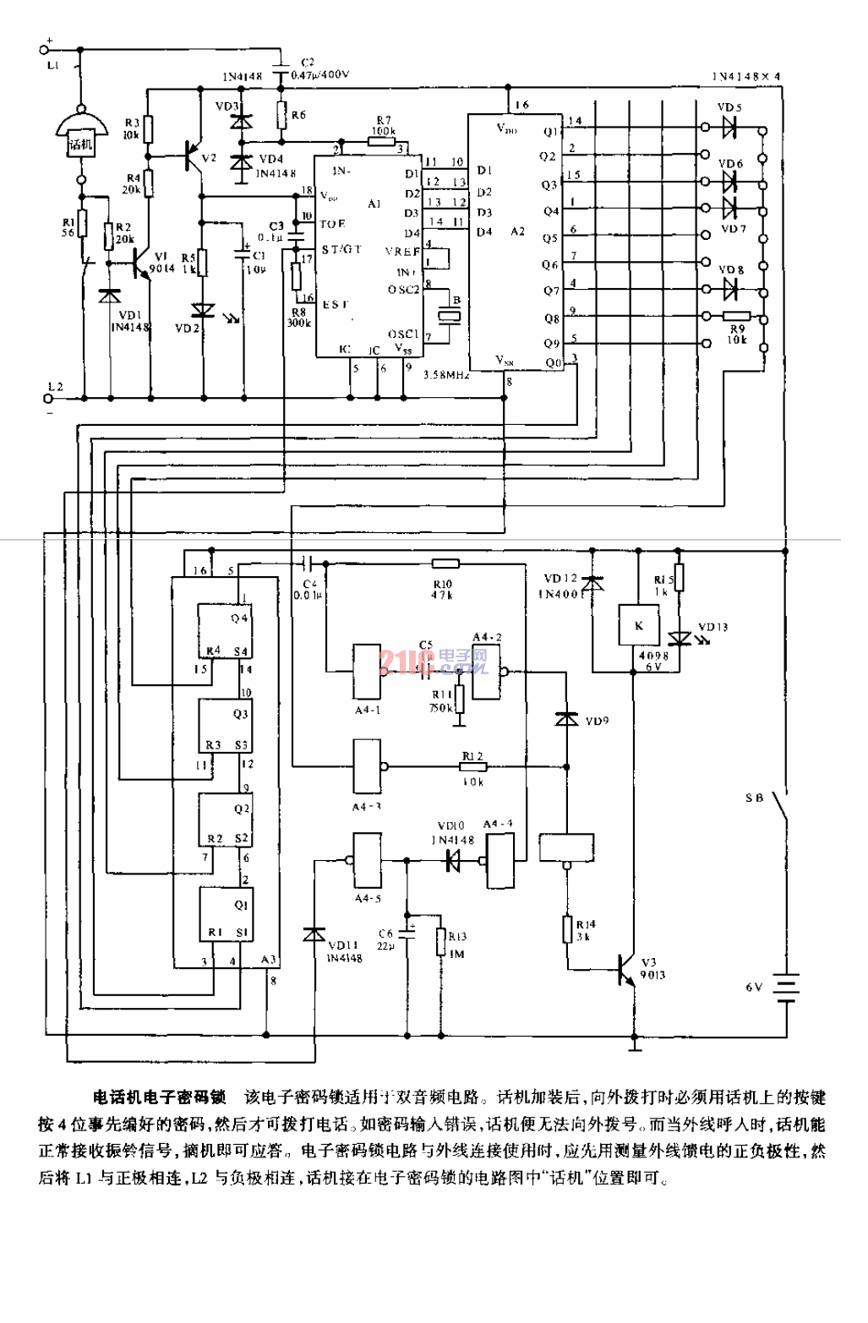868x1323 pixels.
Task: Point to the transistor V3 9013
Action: pos(627,967)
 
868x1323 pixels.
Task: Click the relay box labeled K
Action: pos(638,626)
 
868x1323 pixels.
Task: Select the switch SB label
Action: pos(754,798)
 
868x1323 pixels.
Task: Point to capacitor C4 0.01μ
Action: pos(308,562)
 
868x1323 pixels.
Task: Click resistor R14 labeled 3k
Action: pos(568,929)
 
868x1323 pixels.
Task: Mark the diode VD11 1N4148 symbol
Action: pos(314,934)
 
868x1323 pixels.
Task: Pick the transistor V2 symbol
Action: pos(196,155)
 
